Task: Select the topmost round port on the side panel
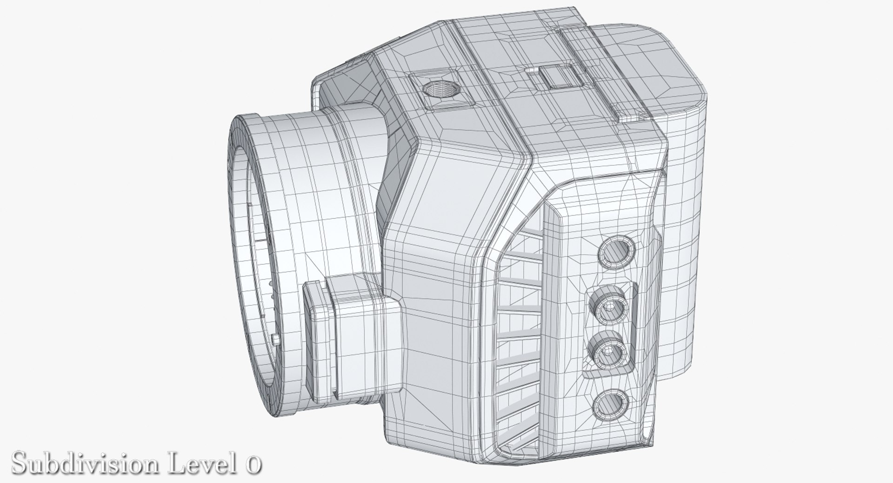coord(617,252)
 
